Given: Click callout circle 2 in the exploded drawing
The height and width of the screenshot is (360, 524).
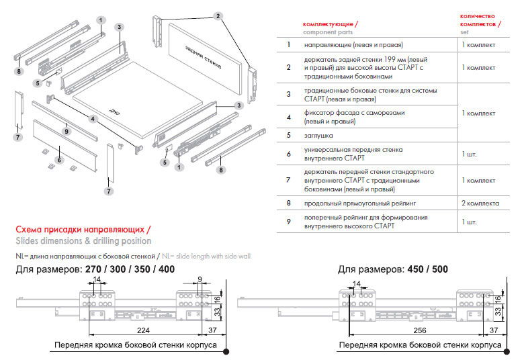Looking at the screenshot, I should (218, 15).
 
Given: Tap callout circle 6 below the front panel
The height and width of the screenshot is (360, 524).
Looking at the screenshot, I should (59, 160).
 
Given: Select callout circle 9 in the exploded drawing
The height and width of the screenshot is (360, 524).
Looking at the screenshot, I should (67, 132).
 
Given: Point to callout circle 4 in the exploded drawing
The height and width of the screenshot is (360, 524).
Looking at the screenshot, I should (93, 119).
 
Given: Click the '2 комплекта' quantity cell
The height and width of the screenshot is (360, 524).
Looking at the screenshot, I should (480, 203).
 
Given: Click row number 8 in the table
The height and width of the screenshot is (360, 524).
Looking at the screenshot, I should (288, 203).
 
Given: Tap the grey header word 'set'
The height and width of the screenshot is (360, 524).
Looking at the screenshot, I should (464, 32).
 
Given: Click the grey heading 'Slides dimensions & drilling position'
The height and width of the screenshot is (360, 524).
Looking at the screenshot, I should (83, 241).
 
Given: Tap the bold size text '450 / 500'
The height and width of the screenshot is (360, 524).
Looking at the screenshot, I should (427, 270).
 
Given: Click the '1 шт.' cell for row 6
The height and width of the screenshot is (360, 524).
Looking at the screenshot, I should (470, 154).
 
